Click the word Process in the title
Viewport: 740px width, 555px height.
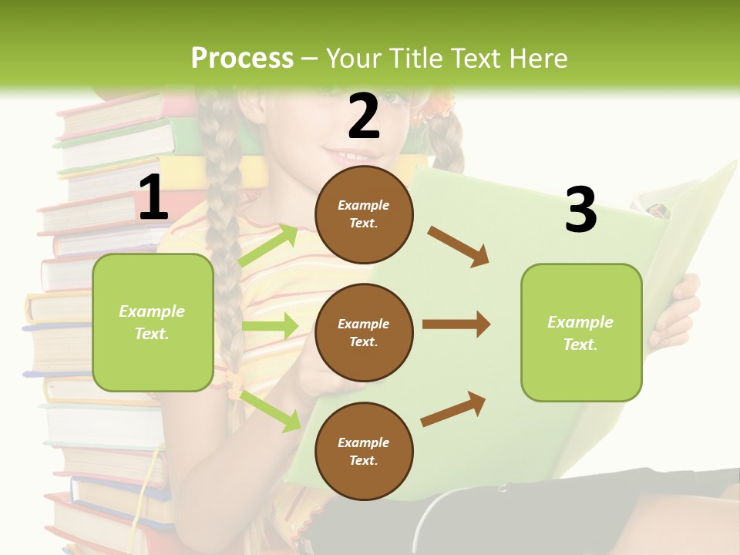coord(242,58)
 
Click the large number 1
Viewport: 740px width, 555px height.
coord(153,198)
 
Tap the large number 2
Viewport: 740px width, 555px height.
coord(364,116)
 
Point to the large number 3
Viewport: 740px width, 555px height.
coord(580,210)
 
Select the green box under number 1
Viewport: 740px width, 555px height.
coord(153,322)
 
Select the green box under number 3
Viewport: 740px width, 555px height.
coord(581,332)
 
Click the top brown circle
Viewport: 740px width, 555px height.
coord(364,214)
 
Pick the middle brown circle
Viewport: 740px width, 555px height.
coord(364,332)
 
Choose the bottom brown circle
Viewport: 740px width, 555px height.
coord(364,451)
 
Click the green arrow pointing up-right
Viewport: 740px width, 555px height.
coord(268,245)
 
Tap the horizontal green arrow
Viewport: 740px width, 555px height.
coord(270,326)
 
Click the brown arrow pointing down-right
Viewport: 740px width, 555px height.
coord(458,247)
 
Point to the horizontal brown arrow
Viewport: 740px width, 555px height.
coord(456,325)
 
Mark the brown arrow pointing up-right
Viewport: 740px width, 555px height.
coord(453,409)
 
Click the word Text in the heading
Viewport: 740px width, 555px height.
coord(476,58)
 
